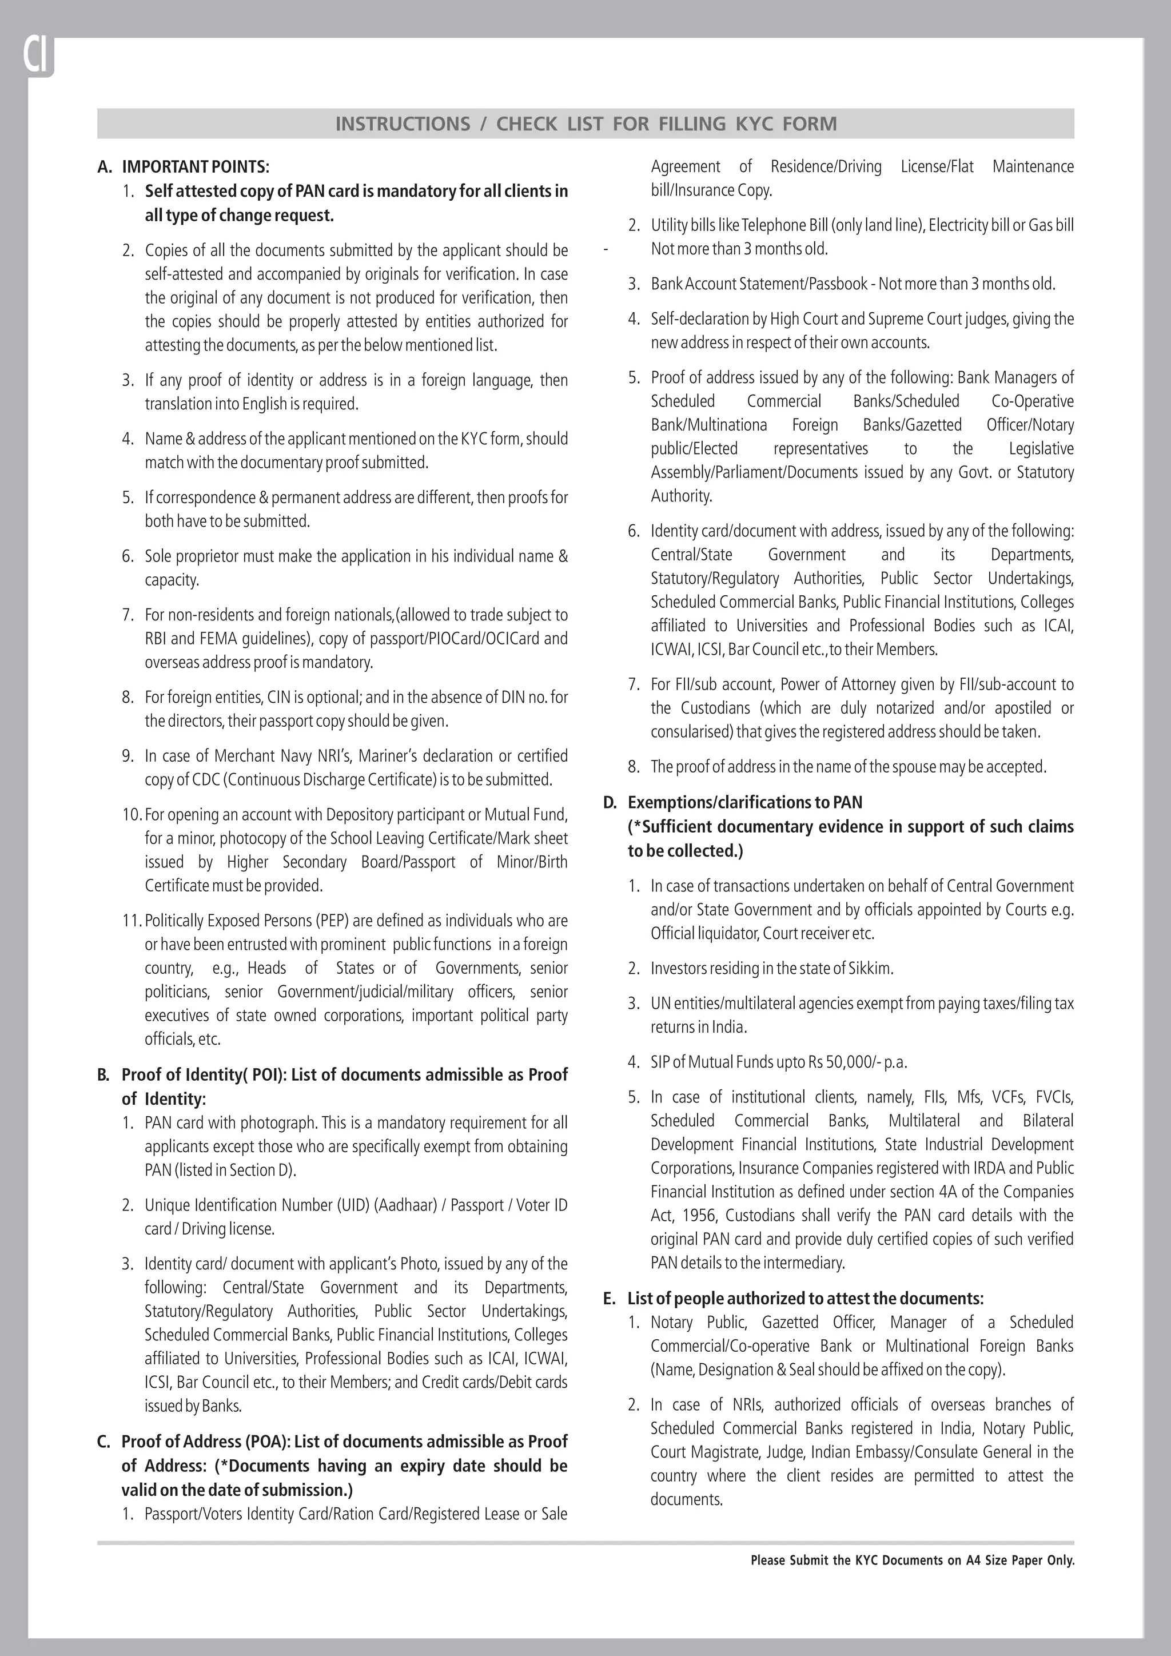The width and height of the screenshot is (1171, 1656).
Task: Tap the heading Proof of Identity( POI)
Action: [204, 1074]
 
